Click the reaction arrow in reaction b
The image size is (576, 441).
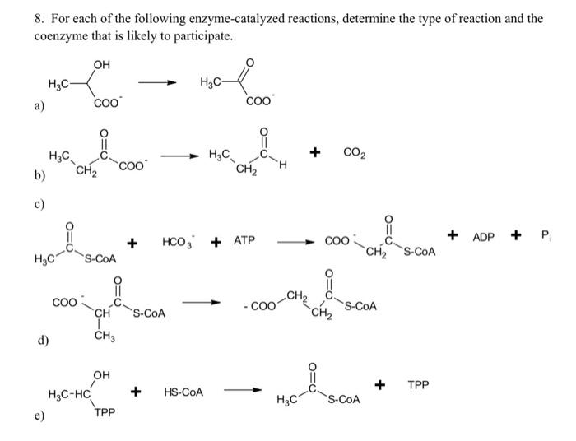(176, 156)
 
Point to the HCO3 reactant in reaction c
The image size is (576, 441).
(178, 242)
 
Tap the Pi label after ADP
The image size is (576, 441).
(544, 237)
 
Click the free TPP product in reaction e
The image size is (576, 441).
(417, 384)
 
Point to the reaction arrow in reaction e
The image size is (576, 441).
(243, 392)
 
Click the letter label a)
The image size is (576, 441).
(40, 106)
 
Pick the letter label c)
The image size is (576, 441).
(40, 202)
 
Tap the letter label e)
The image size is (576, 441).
(40, 418)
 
